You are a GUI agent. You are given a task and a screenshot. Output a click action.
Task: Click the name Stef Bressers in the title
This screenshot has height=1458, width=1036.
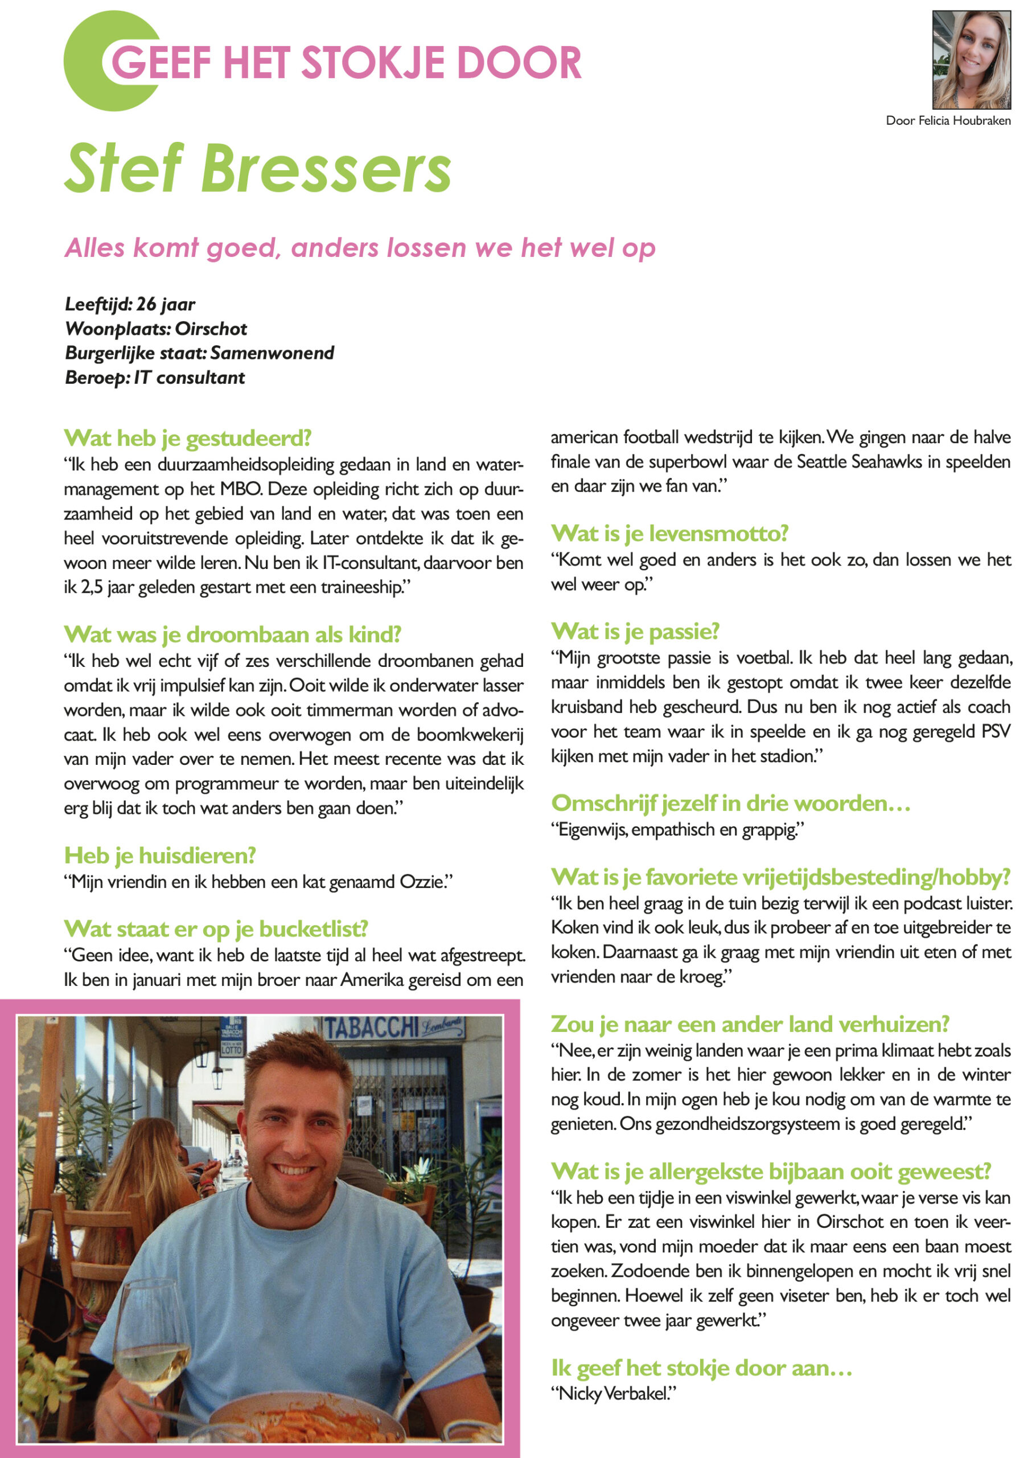pos(258,169)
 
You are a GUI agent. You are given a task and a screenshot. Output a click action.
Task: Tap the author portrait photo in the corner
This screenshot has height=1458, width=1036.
pos(971,60)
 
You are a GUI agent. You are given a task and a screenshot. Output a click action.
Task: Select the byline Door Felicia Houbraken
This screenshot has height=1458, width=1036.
pos(948,121)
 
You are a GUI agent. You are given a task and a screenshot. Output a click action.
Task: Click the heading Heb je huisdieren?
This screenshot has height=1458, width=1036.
pos(159,855)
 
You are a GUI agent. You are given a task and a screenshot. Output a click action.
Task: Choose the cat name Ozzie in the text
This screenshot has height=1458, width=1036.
pos(421,882)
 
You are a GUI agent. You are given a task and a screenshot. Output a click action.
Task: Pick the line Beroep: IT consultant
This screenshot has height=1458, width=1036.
pos(154,378)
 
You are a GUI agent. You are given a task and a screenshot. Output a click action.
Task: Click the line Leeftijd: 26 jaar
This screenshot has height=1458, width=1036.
pos(130,304)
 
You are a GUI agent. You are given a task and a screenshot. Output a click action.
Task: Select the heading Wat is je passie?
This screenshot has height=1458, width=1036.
pos(635,631)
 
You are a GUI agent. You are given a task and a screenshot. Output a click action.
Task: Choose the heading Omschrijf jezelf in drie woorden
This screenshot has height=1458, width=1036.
pos(730,804)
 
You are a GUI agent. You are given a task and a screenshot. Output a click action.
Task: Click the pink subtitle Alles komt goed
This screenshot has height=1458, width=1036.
pos(360,248)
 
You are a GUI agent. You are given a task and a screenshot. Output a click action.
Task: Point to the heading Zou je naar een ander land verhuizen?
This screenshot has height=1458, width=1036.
pos(750,1024)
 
